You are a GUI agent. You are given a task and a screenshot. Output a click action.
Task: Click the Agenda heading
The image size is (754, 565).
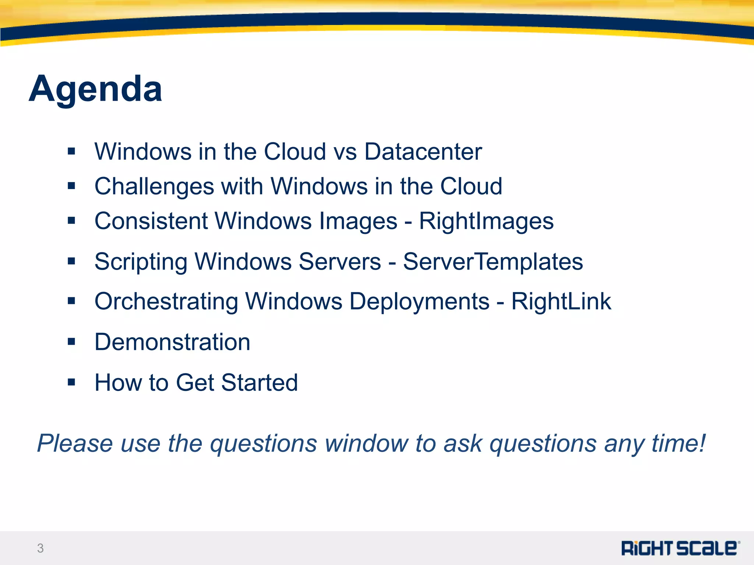tap(95, 89)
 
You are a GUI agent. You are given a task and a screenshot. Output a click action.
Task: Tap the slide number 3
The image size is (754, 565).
tap(40, 548)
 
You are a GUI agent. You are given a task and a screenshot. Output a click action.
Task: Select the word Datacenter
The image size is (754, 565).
tap(423, 152)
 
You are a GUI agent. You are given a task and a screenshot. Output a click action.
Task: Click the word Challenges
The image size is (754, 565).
tap(154, 186)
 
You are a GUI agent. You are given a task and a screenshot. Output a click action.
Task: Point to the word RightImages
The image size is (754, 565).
tap(486, 221)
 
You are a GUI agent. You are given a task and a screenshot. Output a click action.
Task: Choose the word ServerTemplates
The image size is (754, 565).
tap(493, 262)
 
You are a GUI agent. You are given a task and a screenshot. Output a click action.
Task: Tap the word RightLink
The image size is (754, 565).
tap(561, 302)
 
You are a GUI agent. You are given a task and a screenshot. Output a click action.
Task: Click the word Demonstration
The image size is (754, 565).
tap(172, 342)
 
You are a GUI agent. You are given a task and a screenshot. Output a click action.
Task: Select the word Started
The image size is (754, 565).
tap(260, 383)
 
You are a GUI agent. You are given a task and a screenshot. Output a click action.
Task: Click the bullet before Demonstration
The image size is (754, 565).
tap(71, 342)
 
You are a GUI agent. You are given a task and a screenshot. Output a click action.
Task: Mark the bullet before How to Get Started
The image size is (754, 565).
tap(71, 383)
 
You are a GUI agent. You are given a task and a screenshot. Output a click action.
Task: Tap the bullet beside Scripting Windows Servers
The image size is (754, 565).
tap(71, 262)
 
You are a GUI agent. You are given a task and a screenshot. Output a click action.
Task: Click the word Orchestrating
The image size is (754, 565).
tap(166, 302)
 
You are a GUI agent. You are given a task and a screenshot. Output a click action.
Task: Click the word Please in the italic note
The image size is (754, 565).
tap(75, 443)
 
